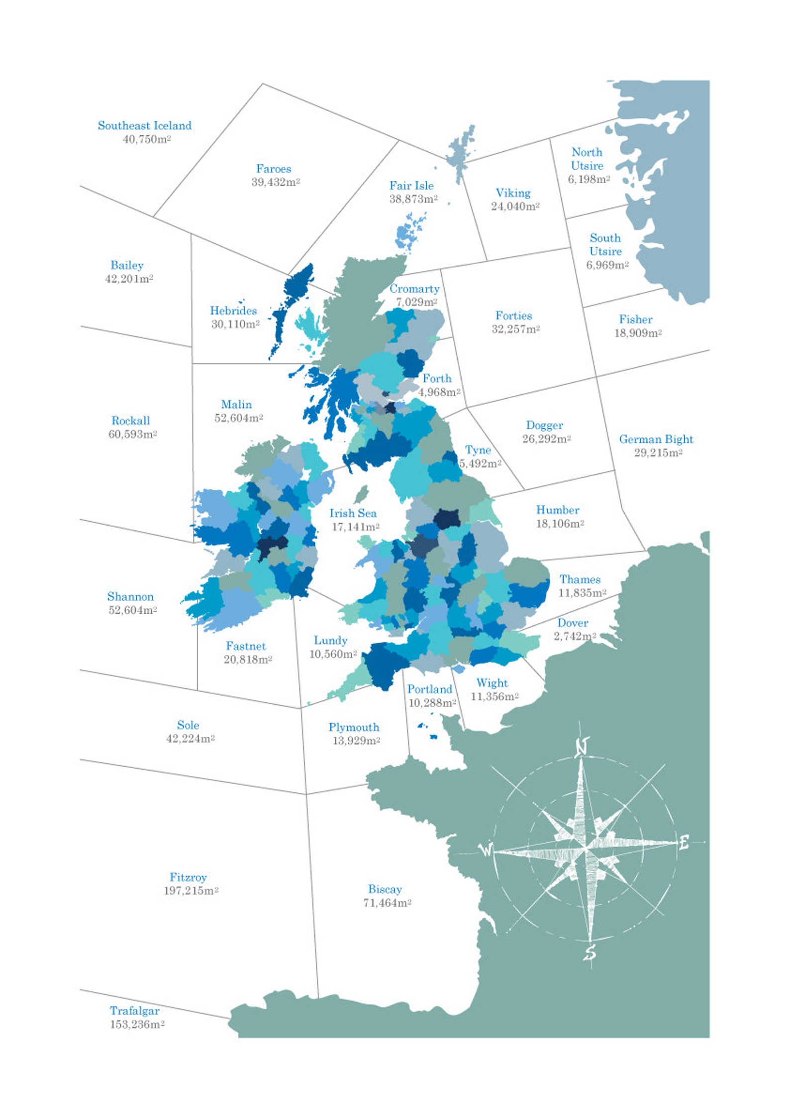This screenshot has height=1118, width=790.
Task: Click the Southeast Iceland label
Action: pyautogui.click(x=144, y=125)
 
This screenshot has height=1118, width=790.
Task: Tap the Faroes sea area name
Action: pyautogui.click(x=273, y=169)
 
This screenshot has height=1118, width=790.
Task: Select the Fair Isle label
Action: pyautogui.click(x=411, y=186)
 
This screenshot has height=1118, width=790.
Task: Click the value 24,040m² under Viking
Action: pyautogui.click(x=515, y=207)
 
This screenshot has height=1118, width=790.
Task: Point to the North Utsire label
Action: pyautogui.click(x=587, y=159)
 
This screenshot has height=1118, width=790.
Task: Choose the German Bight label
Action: pyautogui.click(x=656, y=439)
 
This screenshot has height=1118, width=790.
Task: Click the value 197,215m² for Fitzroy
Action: pyautogui.click(x=191, y=891)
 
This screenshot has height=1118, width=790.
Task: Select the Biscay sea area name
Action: pyautogui.click(x=385, y=889)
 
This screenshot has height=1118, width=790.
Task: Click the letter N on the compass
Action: pyautogui.click(x=582, y=747)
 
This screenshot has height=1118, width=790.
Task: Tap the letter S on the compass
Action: pyautogui.click(x=590, y=952)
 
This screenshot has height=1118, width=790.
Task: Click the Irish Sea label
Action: pyautogui.click(x=353, y=513)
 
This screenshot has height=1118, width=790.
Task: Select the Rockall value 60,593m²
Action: pyautogui.click(x=133, y=434)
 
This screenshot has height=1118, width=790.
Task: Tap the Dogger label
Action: pyautogui.click(x=544, y=425)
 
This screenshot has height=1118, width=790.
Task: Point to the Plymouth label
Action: pyautogui.click(x=354, y=727)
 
